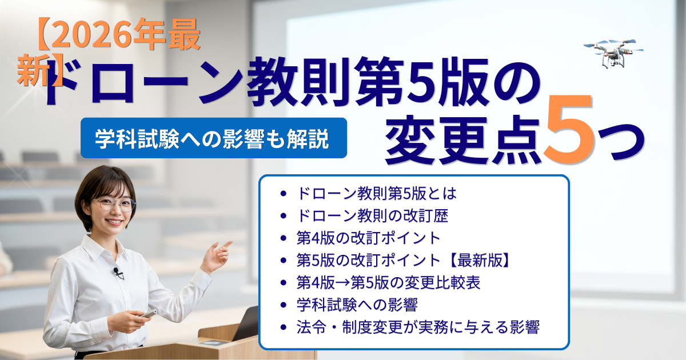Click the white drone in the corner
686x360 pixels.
point(613,53)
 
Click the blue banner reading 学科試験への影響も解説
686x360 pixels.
point(213,138)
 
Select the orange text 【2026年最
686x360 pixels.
point(119,34)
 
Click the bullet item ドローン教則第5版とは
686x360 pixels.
point(377,194)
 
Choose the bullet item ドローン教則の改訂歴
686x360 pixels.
point(372,216)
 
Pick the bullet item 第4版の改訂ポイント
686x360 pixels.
point(368,238)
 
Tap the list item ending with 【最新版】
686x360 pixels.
point(404,261)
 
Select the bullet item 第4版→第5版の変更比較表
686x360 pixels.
point(388,282)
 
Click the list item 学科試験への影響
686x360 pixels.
point(357,305)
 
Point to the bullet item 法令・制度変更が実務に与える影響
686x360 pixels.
point(418,327)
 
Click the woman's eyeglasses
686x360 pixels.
point(114,205)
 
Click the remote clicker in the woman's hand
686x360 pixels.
point(149,314)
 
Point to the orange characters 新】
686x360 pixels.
point(40,70)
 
